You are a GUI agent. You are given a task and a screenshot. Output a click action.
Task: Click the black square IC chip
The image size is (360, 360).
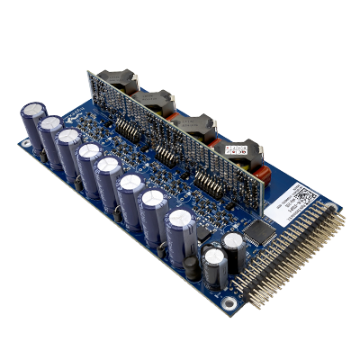click(x=261, y=233)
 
